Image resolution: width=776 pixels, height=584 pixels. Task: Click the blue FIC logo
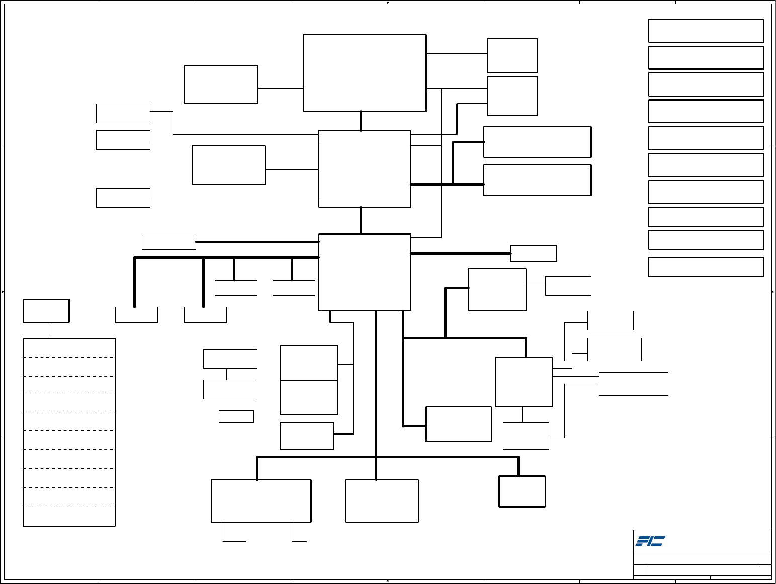point(650,541)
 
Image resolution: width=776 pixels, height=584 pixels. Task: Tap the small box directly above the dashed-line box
point(46,311)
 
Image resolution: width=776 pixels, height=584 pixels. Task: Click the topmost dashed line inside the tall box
point(69,357)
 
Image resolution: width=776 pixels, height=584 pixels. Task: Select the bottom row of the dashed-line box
point(69,517)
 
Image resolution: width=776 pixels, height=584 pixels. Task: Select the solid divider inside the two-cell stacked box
point(309,380)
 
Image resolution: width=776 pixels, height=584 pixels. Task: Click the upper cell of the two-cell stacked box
point(309,363)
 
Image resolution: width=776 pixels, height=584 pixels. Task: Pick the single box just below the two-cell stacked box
point(307,436)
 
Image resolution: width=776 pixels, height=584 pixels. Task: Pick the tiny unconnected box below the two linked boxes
point(236,416)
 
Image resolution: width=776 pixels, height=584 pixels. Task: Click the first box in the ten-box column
point(706,31)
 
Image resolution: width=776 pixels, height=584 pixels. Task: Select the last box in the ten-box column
point(706,267)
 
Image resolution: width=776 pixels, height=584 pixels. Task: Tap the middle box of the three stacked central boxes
point(365,169)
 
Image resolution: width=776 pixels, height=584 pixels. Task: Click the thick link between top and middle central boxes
point(361,121)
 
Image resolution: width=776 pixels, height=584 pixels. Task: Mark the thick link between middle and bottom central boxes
point(361,220)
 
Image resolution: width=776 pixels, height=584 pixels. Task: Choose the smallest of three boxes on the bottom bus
point(522,491)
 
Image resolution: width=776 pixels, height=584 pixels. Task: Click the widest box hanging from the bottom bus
point(261,501)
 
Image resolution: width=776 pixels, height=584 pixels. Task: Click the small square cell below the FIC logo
point(639,570)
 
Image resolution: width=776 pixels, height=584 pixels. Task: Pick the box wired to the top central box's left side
point(221,85)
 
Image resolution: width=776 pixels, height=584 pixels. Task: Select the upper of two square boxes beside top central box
point(512,55)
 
